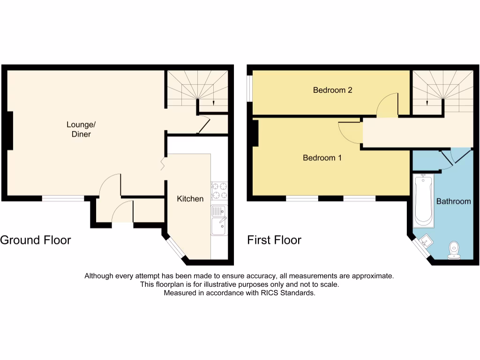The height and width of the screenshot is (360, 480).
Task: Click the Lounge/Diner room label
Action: [x=78, y=129]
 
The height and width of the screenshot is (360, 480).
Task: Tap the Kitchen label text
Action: [x=190, y=199]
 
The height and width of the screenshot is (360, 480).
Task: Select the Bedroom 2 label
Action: [x=332, y=90]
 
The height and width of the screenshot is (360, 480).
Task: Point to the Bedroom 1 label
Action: [x=322, y=158]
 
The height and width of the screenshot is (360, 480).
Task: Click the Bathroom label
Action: [x=453, y=202]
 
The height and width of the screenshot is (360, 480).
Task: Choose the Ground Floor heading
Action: [x=36, y=240]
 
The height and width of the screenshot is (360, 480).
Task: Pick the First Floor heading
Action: [x=274, y=240]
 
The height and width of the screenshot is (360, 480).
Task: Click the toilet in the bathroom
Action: [x=454, y=250]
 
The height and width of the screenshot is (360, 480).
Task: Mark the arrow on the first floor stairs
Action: [x=427, y=104]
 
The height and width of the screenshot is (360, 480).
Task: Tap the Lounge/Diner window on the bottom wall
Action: [x=63, y=199]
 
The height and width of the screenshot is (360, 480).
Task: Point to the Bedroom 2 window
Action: [x=249, y=87]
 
